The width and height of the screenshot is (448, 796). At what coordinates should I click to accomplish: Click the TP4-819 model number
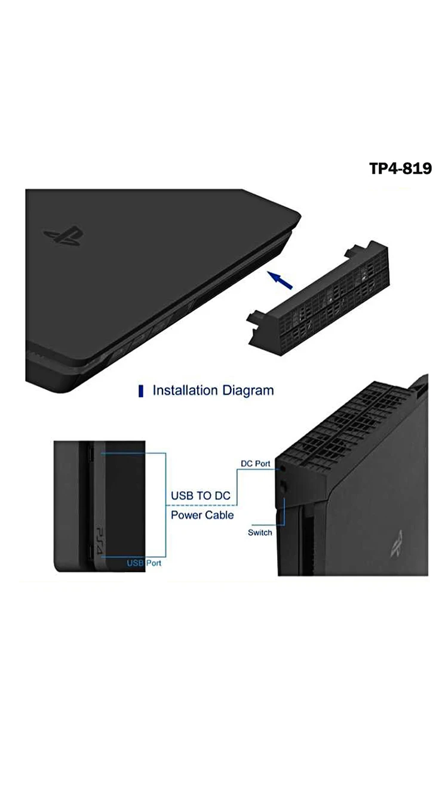click(x=400, y=169)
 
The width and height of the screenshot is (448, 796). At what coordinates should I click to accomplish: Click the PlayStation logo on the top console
click(x=63, y=237)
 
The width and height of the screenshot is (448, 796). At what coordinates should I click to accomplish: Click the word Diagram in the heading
click(x=248, y=391)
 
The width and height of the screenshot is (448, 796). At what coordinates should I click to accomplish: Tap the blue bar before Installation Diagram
click(x=141, y=391)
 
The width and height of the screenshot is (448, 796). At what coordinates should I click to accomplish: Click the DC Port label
click(x=256, y=464)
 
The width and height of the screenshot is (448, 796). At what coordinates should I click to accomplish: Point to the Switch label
click(x=260, y=532)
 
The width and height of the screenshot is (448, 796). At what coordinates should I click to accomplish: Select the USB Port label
click(x=144, y=563)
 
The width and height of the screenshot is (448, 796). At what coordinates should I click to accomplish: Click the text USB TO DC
click(x=201, y=496)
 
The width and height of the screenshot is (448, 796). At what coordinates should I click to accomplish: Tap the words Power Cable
click(x=202, y=515)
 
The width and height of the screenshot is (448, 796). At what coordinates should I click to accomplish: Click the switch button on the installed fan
click(x=284, y=486)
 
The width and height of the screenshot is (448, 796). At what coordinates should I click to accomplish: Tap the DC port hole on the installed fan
click(x=283, y=469)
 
